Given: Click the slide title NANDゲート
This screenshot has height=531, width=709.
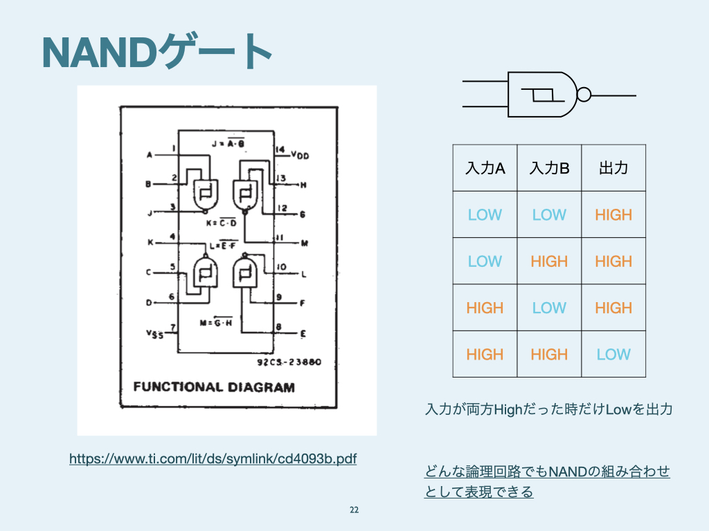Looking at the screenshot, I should (x=156, y=52).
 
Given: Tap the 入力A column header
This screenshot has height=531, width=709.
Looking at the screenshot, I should (x=485, y=168).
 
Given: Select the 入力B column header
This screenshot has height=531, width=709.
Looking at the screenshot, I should (x=549, y=168).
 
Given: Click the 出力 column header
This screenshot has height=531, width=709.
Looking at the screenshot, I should (x=613, y=168).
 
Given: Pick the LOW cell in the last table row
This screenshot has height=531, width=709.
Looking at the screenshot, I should (x=613, y=355).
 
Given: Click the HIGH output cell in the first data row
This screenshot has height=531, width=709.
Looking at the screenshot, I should (x=613, y=215).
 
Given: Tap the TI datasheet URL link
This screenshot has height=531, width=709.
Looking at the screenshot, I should (x=213, y=458).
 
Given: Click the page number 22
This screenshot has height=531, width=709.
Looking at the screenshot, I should (x=354, y=510).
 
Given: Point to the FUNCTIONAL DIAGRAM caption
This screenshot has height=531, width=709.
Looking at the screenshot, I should (x=214, y=386).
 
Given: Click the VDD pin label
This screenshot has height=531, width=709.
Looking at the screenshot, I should (x=300, y=156).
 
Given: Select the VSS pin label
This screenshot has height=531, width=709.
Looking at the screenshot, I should (x=154, y=334).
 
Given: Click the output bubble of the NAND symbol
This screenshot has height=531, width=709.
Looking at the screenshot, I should (x=584, y=95).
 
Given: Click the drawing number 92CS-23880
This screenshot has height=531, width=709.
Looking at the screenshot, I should (x=291, y=362).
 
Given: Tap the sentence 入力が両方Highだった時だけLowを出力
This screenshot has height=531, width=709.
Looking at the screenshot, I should (x=548, y=410).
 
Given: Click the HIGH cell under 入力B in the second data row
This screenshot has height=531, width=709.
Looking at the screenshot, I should (x=549, y=261).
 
